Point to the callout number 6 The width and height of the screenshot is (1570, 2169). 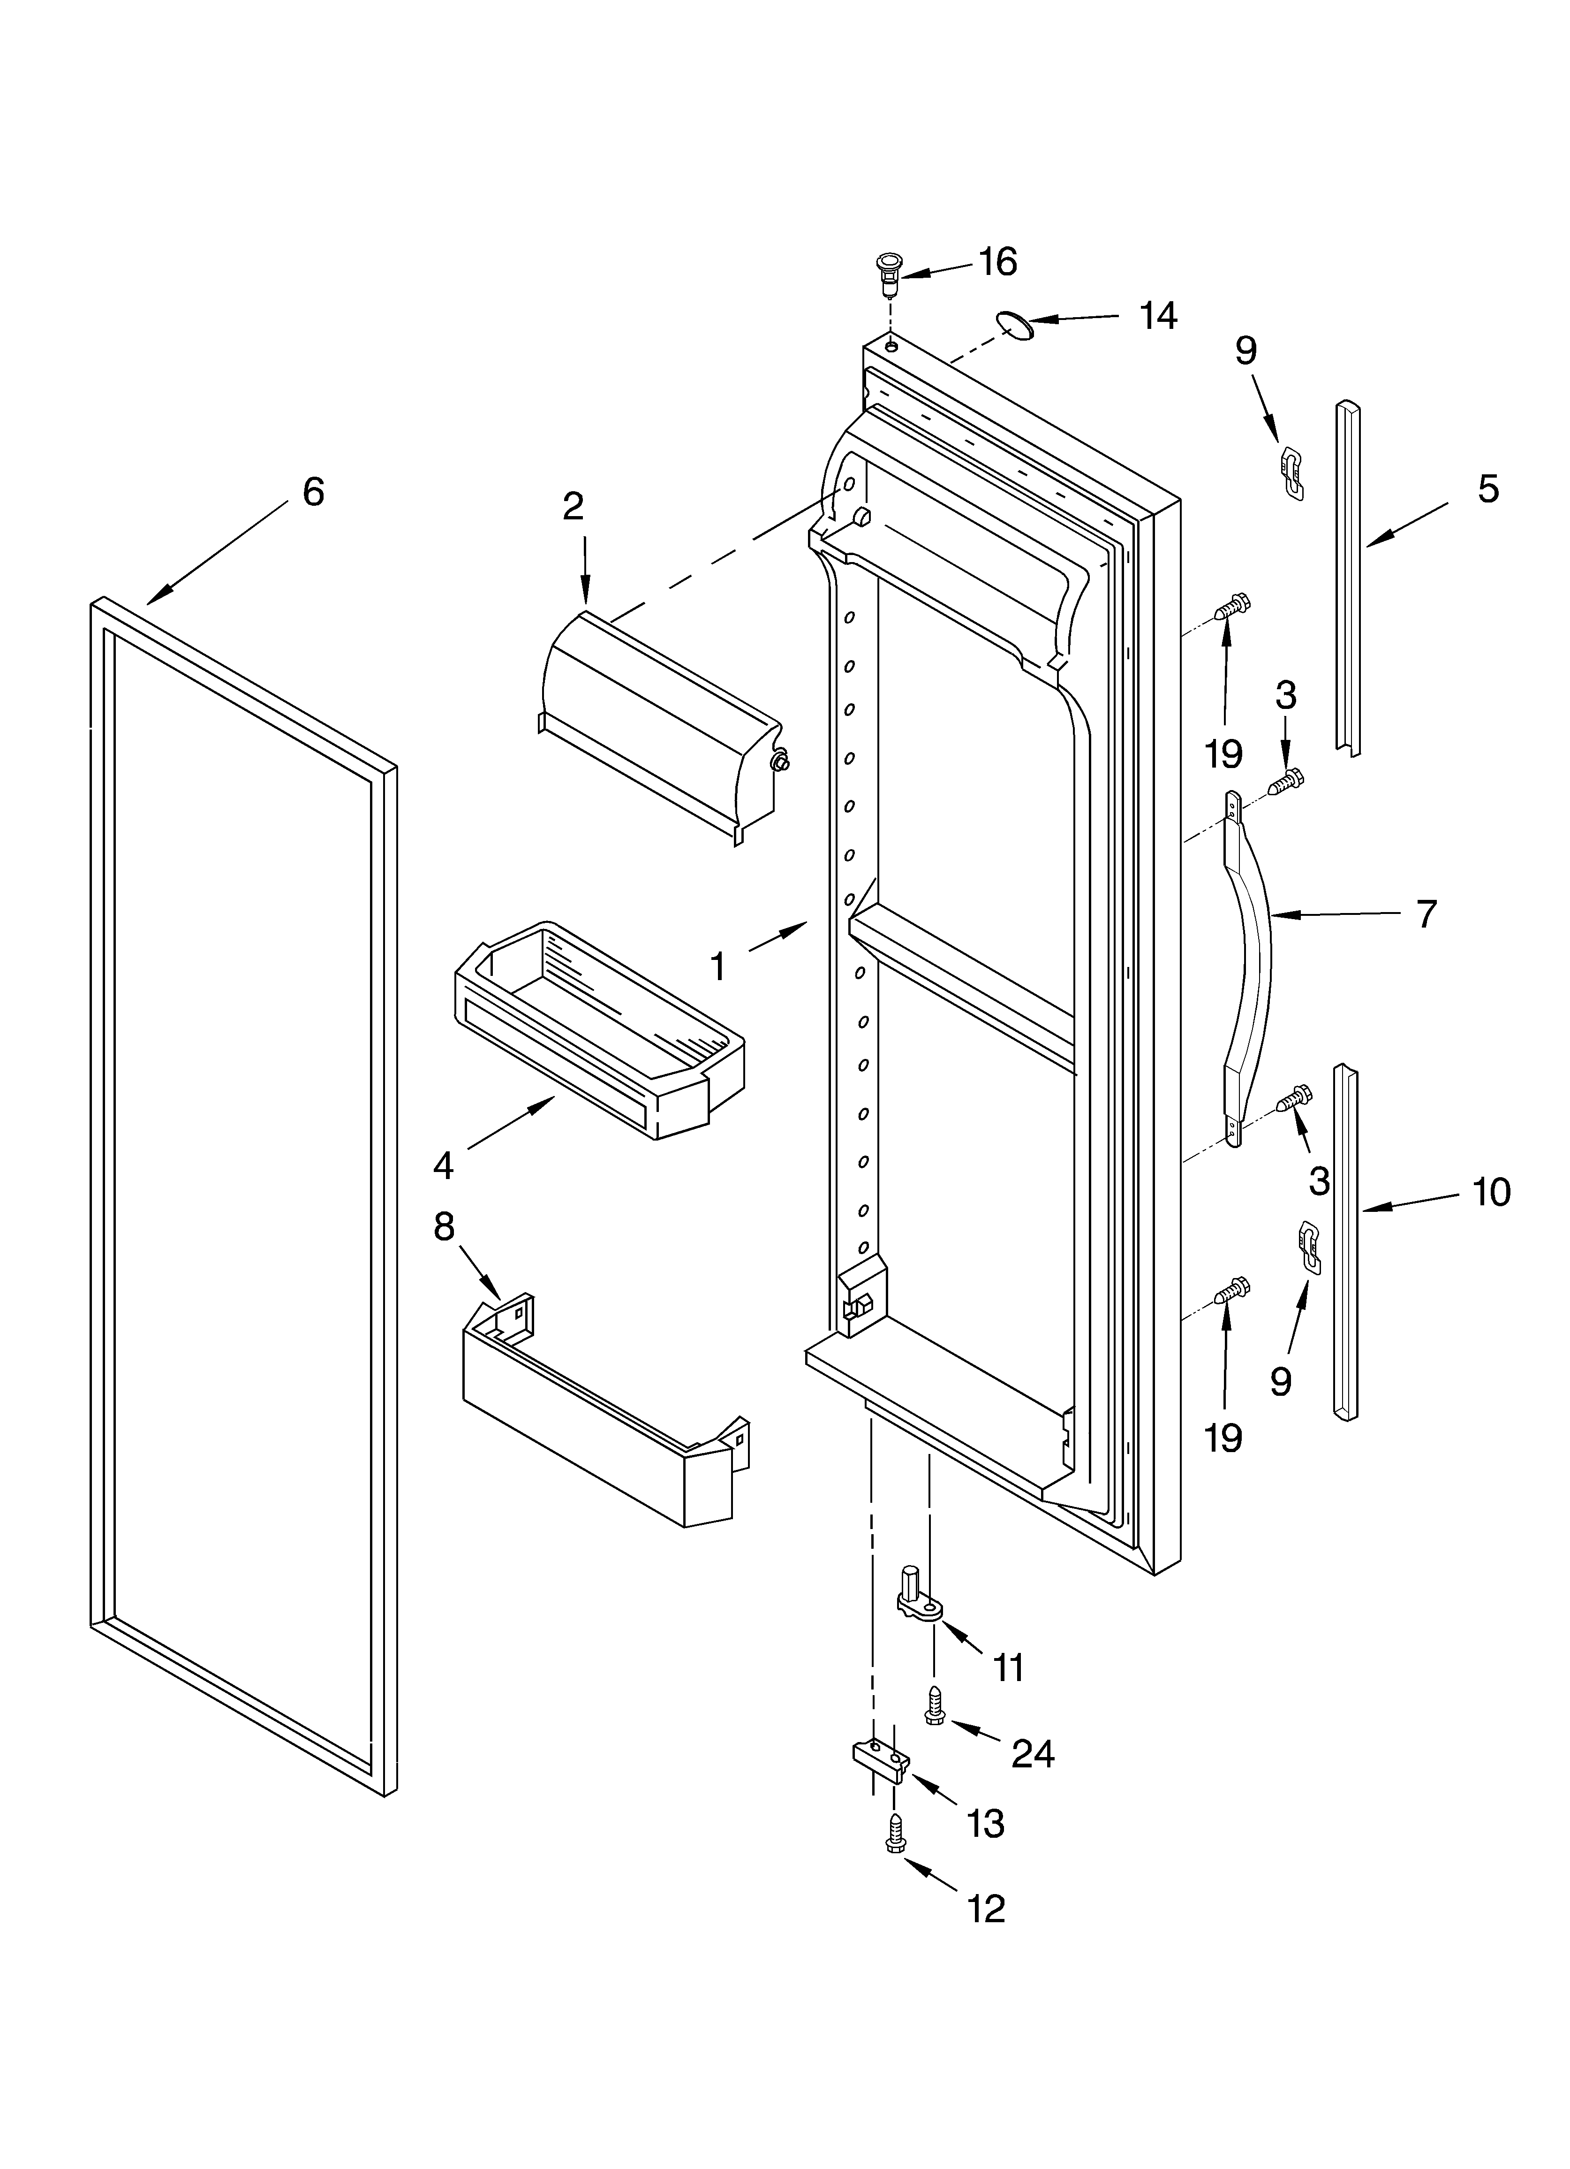click(313, 492)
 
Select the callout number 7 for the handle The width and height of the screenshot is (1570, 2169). click(1426, 914)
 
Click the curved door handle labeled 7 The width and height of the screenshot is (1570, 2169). click(1252, 966)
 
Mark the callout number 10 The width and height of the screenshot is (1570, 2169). click(1491, 1192)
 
